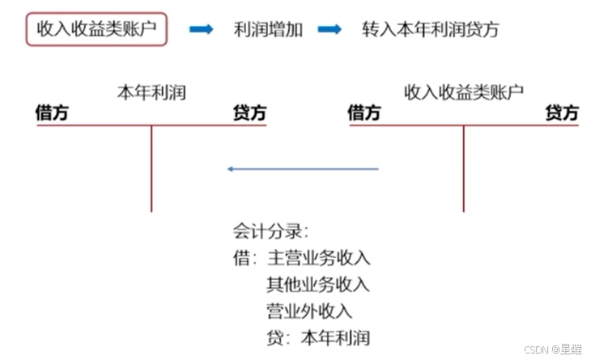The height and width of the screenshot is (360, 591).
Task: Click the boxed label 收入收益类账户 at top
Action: point(96,30)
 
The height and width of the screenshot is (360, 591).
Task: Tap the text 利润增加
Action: point(267,30)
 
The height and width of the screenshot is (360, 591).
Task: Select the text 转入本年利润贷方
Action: point(431,30)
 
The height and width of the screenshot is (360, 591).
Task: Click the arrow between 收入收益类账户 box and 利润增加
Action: point(201,30)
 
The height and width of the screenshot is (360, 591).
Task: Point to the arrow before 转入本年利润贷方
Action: point(330,30)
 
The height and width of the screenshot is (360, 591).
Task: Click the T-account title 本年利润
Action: point(151,92)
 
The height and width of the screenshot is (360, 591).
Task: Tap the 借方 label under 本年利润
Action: point(52,112)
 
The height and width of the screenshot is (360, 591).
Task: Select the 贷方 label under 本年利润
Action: point(249,112)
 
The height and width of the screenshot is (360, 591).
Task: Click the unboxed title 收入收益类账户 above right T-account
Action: point(464,92)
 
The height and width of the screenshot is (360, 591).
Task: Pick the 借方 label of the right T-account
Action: point(364,112)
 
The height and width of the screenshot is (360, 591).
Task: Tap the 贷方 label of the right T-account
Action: point(562,112)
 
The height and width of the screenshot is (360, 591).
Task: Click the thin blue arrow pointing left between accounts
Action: point(303,169)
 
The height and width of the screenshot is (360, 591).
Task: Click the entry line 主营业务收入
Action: point(317,258)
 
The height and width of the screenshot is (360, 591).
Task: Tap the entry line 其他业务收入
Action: point(317,285)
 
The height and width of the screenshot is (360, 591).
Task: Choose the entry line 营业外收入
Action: point(309,311)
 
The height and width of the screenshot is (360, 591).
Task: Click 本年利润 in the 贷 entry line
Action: point(334,337)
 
